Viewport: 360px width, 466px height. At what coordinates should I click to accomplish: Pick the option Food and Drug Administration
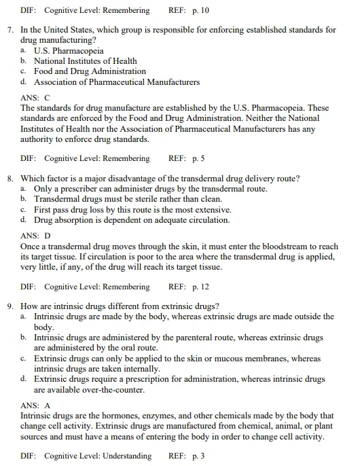click(90, 71)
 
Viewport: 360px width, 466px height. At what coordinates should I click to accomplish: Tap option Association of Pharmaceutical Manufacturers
click(117, 82)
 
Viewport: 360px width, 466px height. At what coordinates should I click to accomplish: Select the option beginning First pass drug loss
click(132, 210)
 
